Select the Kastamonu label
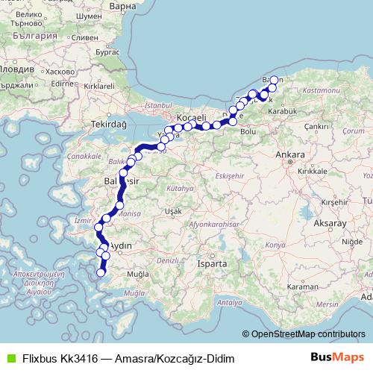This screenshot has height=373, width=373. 322,90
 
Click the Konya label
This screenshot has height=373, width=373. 275,245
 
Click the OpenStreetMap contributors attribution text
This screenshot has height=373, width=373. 308,334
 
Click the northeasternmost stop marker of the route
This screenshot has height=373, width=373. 274,80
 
